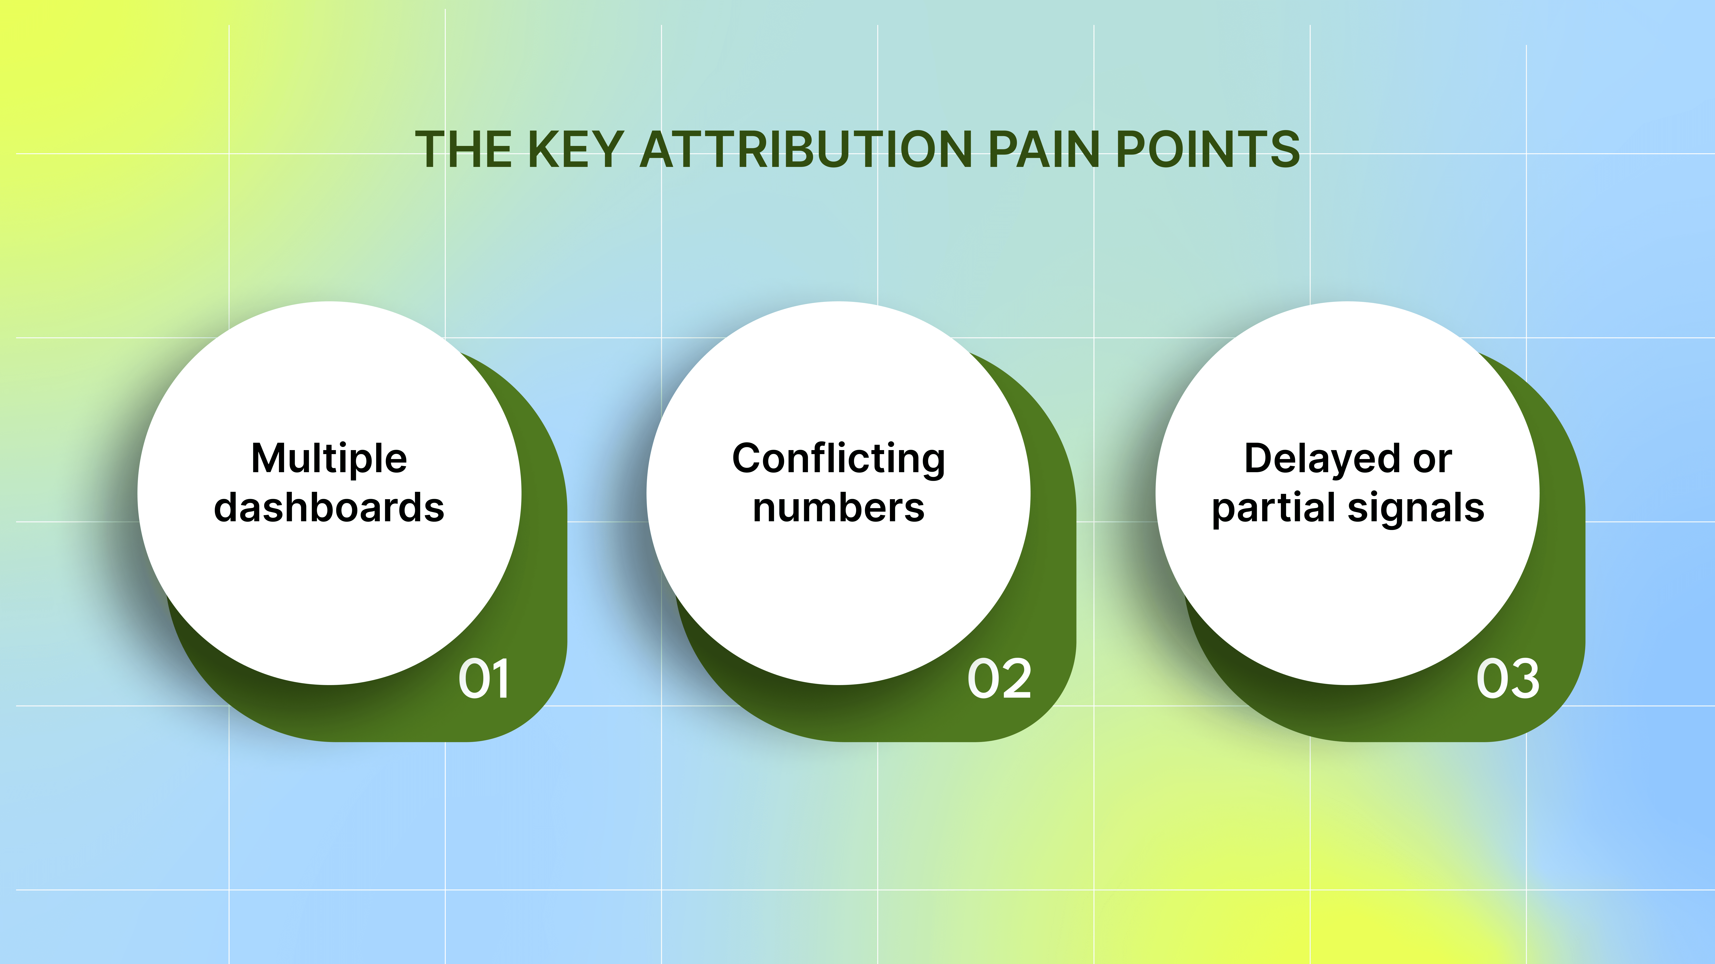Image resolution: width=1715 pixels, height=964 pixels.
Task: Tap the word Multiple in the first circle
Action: tap(329, 459)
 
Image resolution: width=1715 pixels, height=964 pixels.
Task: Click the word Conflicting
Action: tap(838, 459)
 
